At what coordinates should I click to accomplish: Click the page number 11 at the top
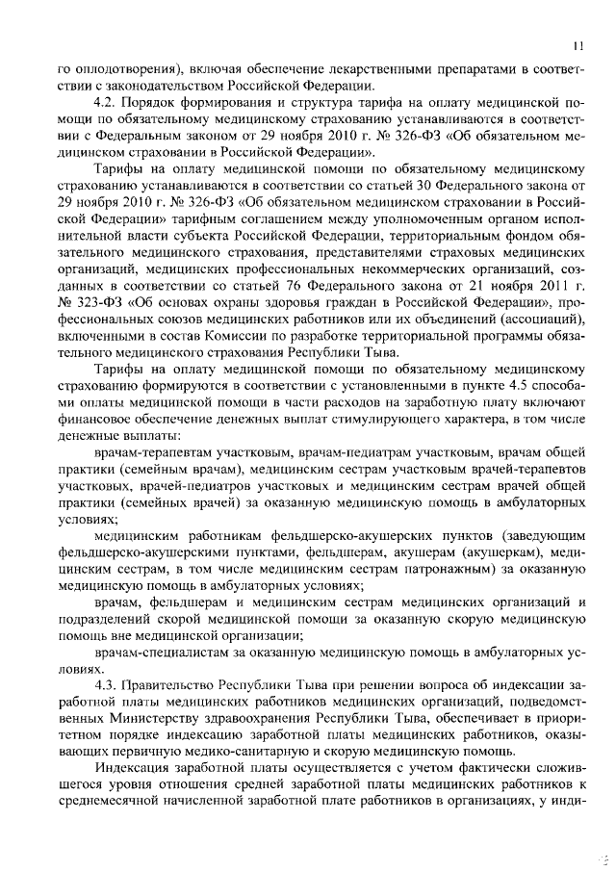(576, 44)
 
